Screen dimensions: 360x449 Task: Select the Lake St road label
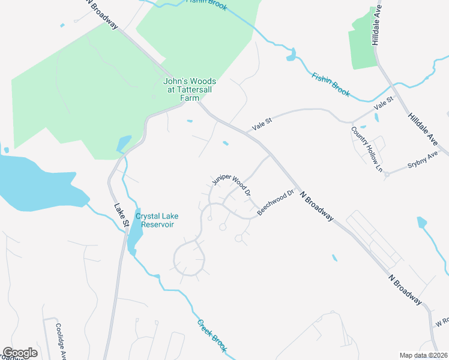click(x=122, y=215)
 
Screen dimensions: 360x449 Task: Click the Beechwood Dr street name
click(x=276, y=203)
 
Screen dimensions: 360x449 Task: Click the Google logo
click(x=20, y=353)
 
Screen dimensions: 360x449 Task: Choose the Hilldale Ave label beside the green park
click(x=376, y=24)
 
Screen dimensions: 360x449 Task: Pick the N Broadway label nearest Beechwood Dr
click(x=316, y=206)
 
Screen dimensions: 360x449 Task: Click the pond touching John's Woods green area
click(x=123, y=143)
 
